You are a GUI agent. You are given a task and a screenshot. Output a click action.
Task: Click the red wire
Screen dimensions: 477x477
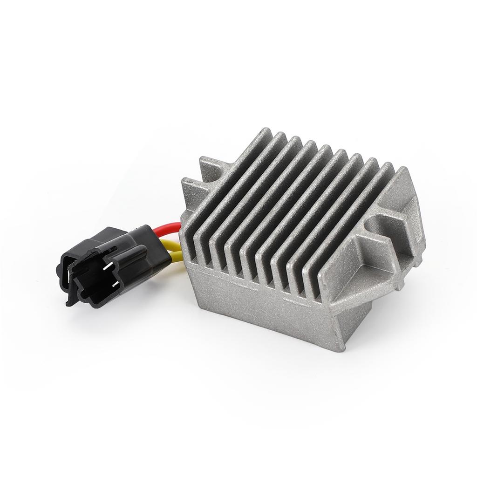click(168, 229)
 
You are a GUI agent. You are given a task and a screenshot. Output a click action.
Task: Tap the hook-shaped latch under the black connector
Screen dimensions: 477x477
click(70, 299)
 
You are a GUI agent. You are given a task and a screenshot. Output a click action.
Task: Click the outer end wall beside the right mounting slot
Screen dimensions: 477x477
click(412, 219)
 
